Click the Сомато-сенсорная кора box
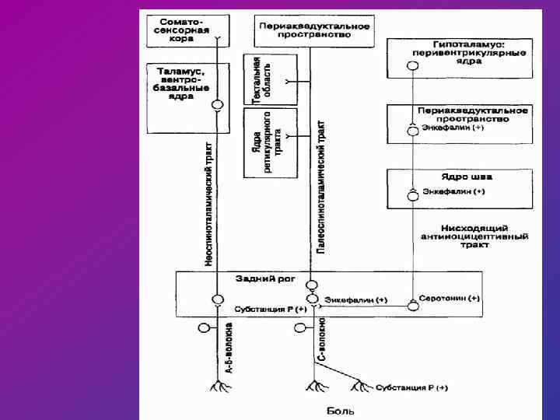click(x=183, y=29)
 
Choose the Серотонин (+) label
click(x=449, y=298)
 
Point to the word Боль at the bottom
click(x=338, y=409)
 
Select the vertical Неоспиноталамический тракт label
click(x=208, y=205)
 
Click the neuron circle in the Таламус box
click(x=218, y=104)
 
